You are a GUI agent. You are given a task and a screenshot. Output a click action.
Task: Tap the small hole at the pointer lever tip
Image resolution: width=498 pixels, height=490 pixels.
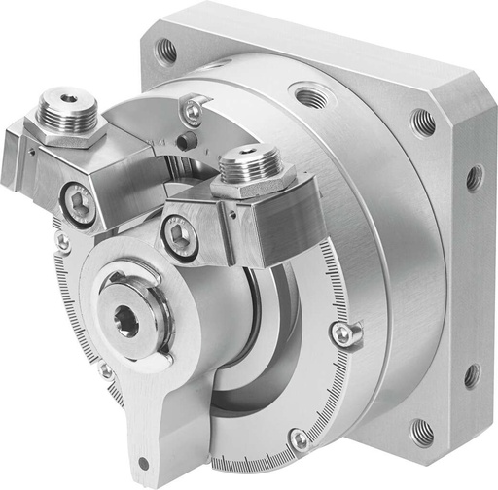pyautogui.click(x=144, y=463)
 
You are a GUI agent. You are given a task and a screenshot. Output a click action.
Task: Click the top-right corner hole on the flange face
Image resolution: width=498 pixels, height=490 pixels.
pyautogui.click(x=423, y=122)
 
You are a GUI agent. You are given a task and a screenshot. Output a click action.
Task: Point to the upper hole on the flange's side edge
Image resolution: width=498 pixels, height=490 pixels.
pyautogui.click(x=474, y=178)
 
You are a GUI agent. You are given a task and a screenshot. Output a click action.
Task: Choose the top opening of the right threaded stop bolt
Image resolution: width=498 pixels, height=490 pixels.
pyautogui.click(x=248, y=156)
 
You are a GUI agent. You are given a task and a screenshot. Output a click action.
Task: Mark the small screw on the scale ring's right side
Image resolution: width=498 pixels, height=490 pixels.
pyautogui.click(x=342, y=333)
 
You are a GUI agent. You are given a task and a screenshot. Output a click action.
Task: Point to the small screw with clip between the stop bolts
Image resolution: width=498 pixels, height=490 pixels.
pyautogui.click(x=194, y=112)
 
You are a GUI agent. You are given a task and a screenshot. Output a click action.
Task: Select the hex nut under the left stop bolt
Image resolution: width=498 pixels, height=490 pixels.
pyautogui.click(x=66, y=130)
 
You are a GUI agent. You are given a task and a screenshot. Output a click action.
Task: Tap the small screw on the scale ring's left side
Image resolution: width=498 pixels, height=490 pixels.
pyautogui.click(x=62, y=239)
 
